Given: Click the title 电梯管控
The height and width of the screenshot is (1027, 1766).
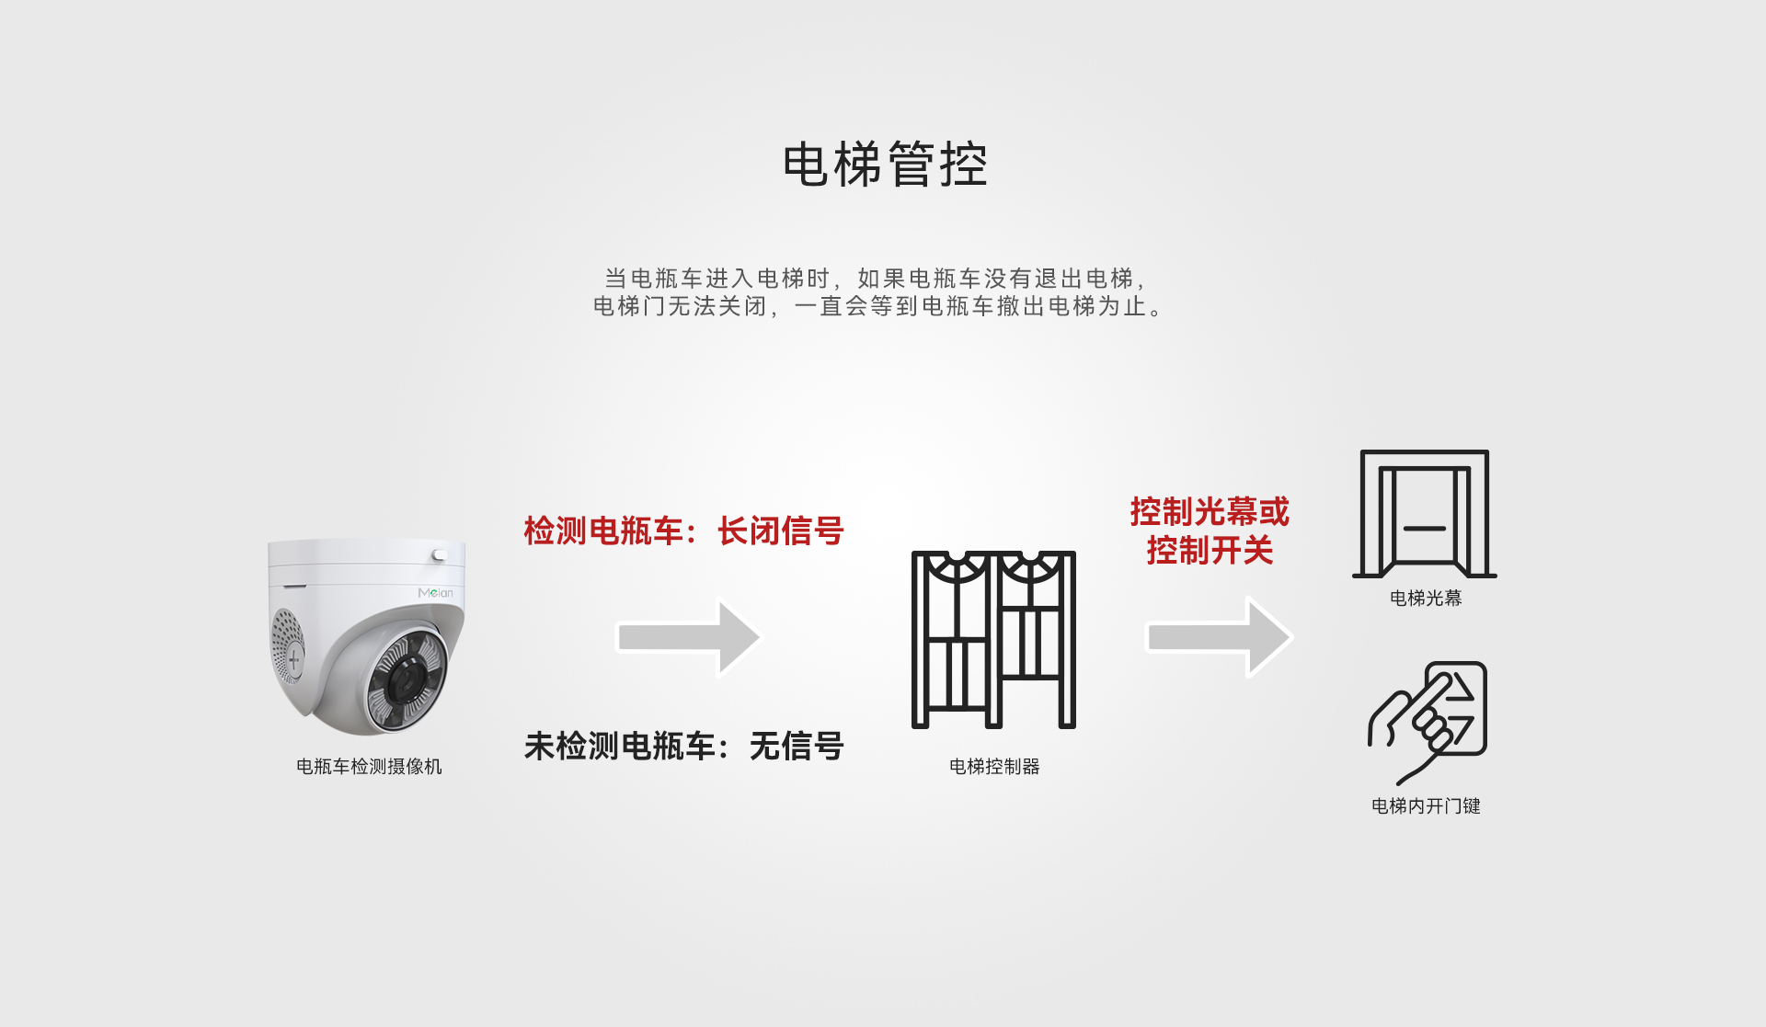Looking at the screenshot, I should (885, 165).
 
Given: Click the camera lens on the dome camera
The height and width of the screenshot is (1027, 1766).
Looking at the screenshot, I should (404, 681).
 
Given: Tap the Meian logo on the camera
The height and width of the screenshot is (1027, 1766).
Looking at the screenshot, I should (435, 593).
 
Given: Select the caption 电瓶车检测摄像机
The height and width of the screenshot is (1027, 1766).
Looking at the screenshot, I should (369, 767).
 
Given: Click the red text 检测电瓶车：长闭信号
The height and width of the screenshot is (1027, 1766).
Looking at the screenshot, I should (683, 531).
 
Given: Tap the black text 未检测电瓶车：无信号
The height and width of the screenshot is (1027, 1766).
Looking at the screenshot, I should (683, 747).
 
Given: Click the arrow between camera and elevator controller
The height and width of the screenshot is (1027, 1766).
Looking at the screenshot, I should (688, 637).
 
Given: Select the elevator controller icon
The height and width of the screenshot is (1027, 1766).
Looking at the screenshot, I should (993, 640).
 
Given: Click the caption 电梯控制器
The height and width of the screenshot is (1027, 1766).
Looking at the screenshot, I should (994, 767).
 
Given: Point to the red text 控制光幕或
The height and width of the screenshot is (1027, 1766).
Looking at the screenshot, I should (1210, 511).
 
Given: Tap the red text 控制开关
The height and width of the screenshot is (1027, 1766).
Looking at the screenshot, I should (1210, 551).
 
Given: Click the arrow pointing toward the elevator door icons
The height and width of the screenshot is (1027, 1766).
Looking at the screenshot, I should (1219, 637).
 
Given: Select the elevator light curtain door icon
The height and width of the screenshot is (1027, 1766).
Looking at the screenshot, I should (1424, 514).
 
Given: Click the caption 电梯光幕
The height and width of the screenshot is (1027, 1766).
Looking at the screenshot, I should (1426, 599).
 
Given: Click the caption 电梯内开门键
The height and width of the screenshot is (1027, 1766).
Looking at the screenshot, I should (1426, 806).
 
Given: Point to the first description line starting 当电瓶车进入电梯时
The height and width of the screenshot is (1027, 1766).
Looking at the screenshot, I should (875, 279).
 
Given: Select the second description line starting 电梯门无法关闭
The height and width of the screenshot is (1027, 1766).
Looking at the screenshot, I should (878, 306).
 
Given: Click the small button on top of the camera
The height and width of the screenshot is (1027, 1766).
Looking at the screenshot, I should (439, 555).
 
